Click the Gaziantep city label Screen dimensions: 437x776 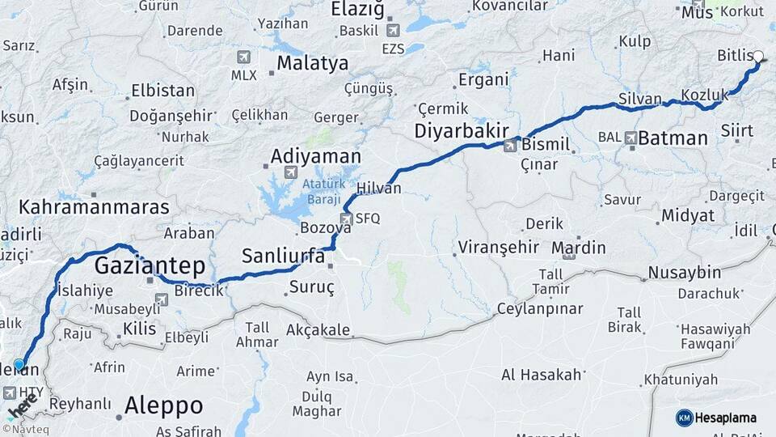tap(150, 265)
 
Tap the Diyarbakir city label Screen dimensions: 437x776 tap(462, 131)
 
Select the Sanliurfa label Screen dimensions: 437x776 tap(283, 257)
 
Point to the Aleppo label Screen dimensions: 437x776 tap(163, 405)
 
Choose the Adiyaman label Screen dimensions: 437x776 tap(315, 155)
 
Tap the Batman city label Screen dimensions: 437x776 tap(673, 138)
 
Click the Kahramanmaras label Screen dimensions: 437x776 tap(94, 207)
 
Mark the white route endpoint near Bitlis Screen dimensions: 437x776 tap(757, 57)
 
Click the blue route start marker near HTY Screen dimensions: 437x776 tap(19, 365)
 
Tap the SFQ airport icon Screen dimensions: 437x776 tap(346, 218)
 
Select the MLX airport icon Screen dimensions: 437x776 tap(243, 57)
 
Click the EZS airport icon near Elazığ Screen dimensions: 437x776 tap(393, 31)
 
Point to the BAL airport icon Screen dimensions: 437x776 tap(630, 138)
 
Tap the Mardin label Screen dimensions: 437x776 tap(578, 247)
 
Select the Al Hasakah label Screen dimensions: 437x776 tap(542, 375)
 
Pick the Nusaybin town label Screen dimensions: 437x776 tap(684, 272)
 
